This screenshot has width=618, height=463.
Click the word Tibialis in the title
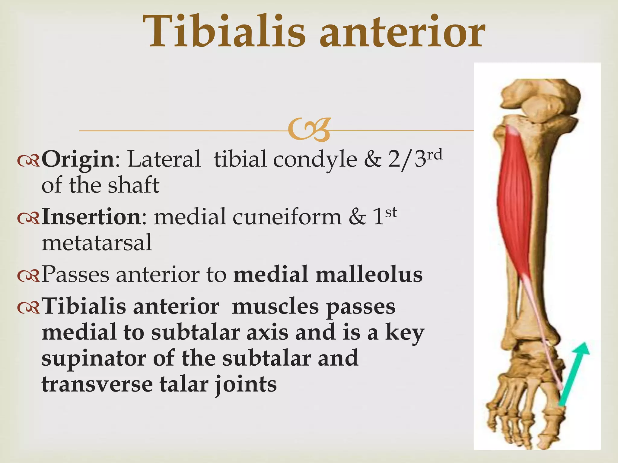click(x=224, y=32)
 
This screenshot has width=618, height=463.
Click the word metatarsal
click(x=97, y=243)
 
